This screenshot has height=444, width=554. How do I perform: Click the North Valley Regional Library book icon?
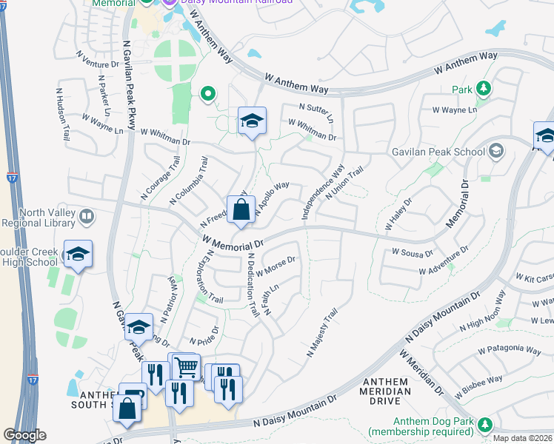87,217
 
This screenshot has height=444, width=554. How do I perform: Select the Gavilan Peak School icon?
496,151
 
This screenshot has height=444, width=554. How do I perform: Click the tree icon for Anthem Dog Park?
485,424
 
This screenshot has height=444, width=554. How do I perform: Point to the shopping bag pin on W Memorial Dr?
241,210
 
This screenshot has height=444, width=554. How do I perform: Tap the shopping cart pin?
186,366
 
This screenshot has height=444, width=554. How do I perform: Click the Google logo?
25,435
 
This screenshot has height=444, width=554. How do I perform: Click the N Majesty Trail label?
322,333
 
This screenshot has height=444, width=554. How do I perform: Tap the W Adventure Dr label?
444,260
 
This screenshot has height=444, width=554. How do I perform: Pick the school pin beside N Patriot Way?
138,327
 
